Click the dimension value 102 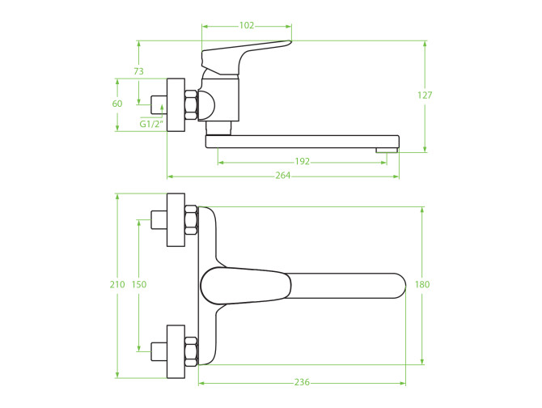[246, 26]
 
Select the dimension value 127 [425, 96]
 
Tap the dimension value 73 [138, 72]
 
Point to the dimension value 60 [117, 104]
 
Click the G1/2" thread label [150, 124]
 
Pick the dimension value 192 [302, 162]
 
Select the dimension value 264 [283, 176]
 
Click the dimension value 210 [117, 284]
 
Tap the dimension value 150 [139, 284]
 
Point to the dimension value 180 [422, 284]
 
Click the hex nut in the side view [191, 105]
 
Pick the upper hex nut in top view [191, 219]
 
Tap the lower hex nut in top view [191, 351]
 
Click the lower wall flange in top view [176, 351]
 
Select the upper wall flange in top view [176, 219]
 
